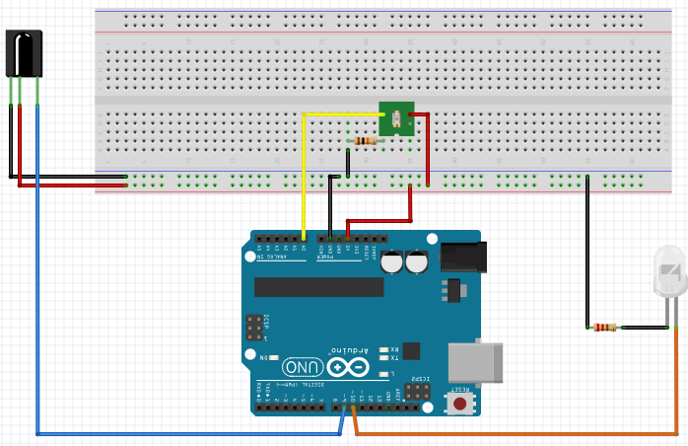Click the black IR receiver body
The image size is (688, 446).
click(24, 52)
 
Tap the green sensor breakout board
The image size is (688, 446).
click(396, 119)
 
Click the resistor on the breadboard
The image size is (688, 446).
click(367, 141)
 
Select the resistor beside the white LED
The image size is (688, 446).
click(602, 327)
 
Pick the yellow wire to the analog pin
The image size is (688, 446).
click(304, 168)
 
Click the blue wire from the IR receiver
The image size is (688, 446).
click(37, 296)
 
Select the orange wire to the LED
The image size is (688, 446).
click(513, 433)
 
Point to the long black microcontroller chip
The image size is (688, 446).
click(318, 286)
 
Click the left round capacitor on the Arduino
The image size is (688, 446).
click(392, 262)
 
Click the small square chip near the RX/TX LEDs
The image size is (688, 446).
click(411, 350)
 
